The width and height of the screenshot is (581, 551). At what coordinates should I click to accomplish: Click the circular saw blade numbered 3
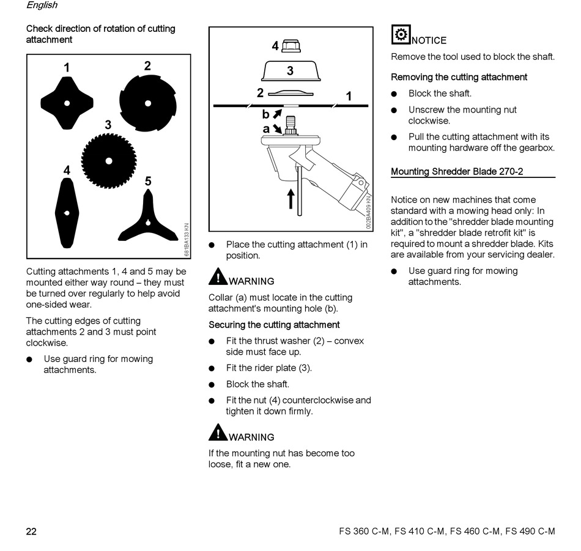pos(109,161)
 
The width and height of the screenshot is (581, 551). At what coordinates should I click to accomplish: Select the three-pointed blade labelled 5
pos(147,218)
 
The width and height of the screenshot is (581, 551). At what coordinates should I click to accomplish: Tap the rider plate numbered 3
pos(290,70)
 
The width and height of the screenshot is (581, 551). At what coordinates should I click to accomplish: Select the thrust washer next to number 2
pos(290,94)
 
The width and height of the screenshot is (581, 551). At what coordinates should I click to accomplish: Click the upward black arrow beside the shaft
pos(291,198)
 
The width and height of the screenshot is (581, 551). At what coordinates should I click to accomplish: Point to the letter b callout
pos(265,114)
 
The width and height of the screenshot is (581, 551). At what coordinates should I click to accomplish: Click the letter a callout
pos(266,129)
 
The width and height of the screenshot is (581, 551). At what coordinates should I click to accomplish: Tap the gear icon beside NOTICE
pos(401,35)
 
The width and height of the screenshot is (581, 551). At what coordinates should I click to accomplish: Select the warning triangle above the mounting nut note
pos(217,432)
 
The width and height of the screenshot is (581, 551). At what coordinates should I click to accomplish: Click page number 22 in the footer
pos(31,531)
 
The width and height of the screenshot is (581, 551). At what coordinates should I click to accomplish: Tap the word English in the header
pos(42,6)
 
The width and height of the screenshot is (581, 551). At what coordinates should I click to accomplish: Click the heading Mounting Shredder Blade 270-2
pos(457,171)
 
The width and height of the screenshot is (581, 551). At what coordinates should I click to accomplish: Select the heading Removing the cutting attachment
pos(459,77)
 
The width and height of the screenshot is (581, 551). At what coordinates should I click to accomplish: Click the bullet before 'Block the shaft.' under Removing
pos(394,94)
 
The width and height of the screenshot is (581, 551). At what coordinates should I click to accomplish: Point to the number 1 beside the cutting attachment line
pos(349,96)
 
